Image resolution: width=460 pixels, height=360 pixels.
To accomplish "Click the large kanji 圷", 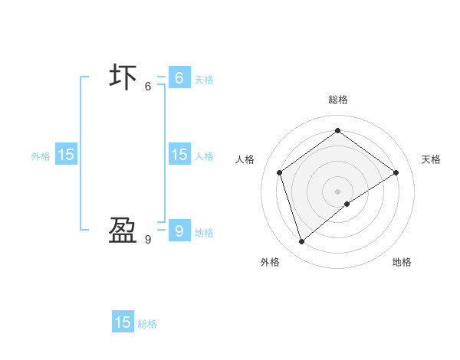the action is click(123, 78).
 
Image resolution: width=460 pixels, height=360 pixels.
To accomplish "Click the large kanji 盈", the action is click(123, 231).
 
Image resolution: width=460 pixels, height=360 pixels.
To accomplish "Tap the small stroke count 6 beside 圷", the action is click(148, 87).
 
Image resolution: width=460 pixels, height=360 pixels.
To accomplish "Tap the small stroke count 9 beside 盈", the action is click(148, 240).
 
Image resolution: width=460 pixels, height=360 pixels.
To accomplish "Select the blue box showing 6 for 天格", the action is click(179, 78).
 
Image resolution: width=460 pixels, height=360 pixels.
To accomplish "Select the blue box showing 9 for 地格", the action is click(179, 231).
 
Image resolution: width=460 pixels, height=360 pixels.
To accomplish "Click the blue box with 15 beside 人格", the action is click(179, 155).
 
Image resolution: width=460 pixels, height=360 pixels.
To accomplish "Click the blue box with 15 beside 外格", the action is click(66, 155).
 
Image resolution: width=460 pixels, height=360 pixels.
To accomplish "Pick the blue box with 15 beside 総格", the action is click(123, 322).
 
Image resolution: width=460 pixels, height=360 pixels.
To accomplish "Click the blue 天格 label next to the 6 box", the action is click(204, 80).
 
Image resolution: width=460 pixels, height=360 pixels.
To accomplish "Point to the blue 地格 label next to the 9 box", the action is click(204, 233).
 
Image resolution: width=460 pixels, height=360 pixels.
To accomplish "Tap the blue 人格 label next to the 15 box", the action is click(204, 156).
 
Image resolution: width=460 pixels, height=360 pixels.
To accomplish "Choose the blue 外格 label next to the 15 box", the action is click(41, 156).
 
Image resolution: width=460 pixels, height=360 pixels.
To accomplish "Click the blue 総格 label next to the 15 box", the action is click(148, 324).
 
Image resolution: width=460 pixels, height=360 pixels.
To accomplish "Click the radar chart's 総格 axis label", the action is click(338, 100).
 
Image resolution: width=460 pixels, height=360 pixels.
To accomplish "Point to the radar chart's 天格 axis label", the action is click(431, 159).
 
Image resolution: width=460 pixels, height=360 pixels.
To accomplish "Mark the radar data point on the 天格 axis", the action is click(396, 172).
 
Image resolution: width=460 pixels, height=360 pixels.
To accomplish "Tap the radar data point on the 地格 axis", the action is click(347, 204).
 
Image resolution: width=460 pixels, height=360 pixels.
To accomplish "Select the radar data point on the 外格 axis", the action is click(302, 242).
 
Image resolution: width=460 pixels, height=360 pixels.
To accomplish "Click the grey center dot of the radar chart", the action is click(338, 191).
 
